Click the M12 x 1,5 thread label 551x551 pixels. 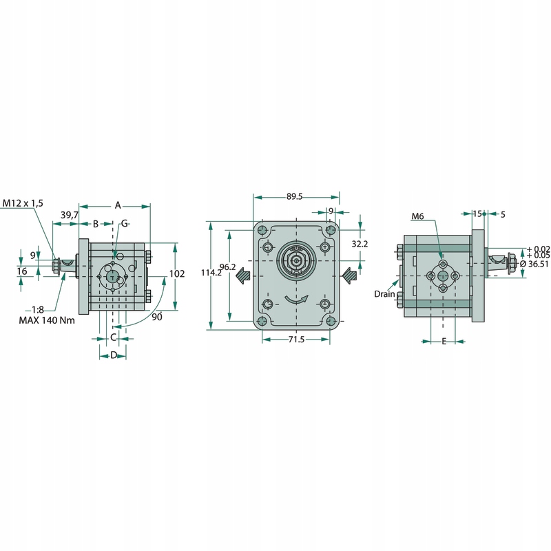(x=23, y=203)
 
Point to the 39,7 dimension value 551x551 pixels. (x=70, y=215)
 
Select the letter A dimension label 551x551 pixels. (x=118, y=205)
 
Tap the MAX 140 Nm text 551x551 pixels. (x=47, y=320)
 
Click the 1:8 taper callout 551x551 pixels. (x=38, y=309)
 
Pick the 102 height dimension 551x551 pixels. (x=177, y=273)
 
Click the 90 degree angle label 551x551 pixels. (x=157, y=317)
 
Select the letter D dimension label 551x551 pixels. (x=114, y=355)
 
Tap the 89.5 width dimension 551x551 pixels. (x=294, y=196)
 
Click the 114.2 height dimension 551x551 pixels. (x=211, y=272)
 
